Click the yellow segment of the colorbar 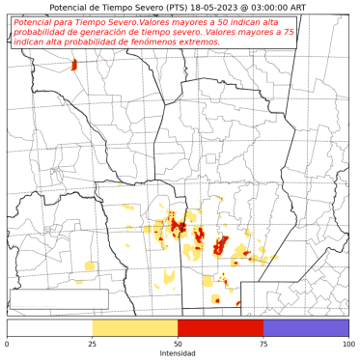(135, 328)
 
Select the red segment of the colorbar (220, 328)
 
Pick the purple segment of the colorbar (305, 328)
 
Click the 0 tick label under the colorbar (8, 345)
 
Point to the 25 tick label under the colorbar (93, 345)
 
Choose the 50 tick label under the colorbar (178, 345)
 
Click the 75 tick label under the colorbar (263, 345)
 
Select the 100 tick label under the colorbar (346, 345)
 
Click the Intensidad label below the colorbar (178, 354)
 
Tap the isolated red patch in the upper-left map (74, 66)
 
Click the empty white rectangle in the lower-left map (59, 299)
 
